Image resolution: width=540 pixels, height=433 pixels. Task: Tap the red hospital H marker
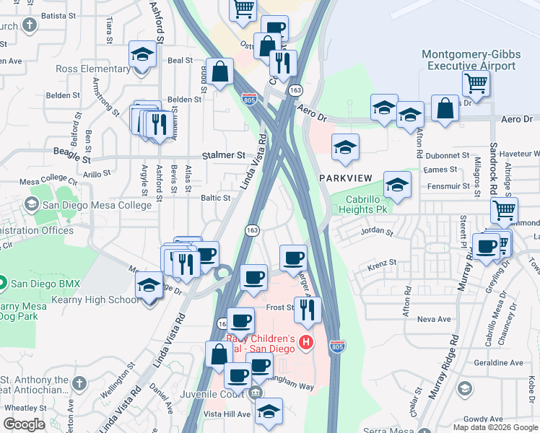pos(306,341)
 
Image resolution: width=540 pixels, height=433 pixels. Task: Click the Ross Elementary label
pos(92,69)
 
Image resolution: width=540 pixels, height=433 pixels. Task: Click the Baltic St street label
pos(216,197)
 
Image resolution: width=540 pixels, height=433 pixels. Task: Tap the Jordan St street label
pos(378,233)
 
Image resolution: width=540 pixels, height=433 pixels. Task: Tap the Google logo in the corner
pos(25,424)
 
